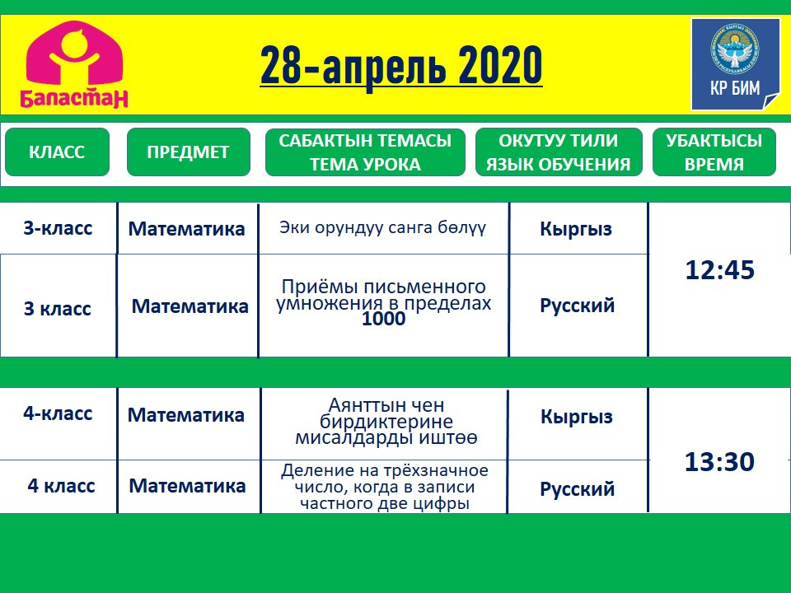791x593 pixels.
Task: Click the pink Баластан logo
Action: [x=74, y=63]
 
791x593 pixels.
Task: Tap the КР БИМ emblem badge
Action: [x=735, y=64]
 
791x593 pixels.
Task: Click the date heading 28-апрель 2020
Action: [x=401, y=66]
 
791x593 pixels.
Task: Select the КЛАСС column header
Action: [x=57, y=152]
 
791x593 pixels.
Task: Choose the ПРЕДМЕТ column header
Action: [x=188, y=152]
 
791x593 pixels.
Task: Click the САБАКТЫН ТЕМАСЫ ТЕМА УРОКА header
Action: [x=365, y=152]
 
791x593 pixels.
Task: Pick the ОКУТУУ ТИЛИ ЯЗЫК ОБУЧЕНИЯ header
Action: [x=559, y=152]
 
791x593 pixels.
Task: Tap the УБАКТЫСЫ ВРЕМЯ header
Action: [x=714, y=152]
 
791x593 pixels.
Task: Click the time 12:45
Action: [x=720, y=270]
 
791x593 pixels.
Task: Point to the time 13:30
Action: [x=719, y=461]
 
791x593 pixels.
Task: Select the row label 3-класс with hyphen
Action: [x=58, y=228]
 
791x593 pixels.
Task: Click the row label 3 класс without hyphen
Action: [x=58, y=308]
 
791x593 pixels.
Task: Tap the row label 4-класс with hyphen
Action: [x=58, y=413]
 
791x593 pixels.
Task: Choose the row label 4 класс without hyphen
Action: [x=61, y=485]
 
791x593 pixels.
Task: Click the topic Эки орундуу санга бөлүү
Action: [x=383, y=228]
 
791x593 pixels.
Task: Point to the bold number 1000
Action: [x=383, y=319]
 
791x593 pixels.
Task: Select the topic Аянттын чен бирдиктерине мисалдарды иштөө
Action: [x=386, y=422]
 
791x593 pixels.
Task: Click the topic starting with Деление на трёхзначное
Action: [x=385, y=487]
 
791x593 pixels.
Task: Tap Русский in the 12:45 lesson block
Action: [x=577, y=306]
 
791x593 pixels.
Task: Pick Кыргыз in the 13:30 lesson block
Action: [x=577, y=417]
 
